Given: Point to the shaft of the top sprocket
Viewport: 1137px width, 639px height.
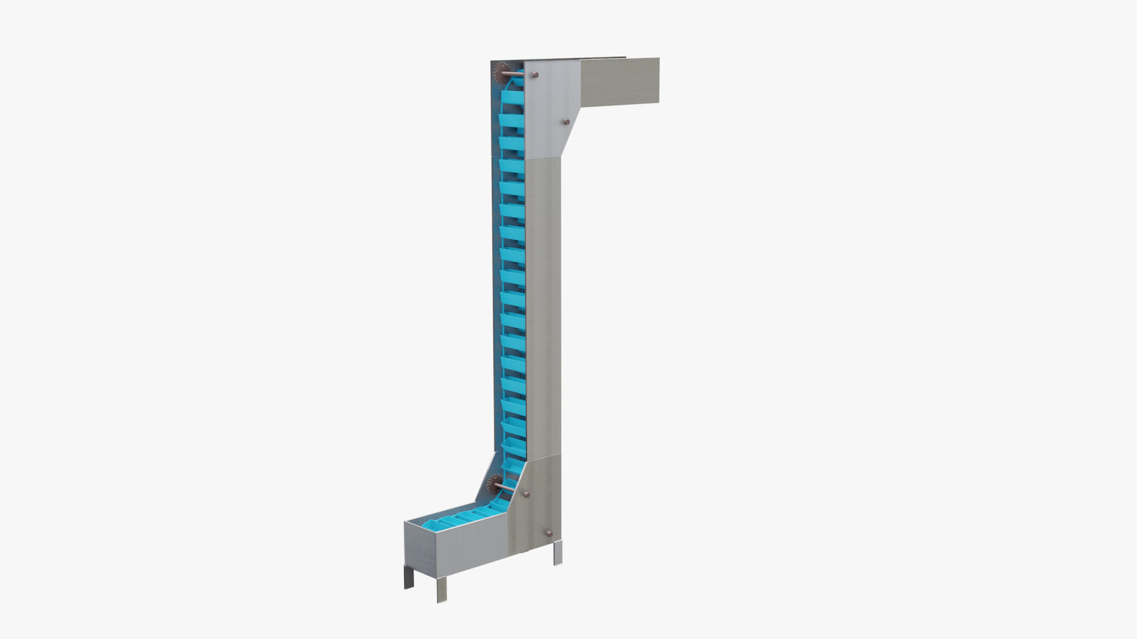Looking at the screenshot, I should coord(516,75).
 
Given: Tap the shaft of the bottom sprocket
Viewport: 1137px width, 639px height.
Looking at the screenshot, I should coord(508,489).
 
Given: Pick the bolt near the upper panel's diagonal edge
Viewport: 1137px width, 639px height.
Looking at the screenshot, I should coord(566,122).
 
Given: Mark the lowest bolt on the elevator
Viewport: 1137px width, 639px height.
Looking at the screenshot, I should coord(549,534).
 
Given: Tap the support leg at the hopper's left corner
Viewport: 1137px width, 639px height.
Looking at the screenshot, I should coord(409,579).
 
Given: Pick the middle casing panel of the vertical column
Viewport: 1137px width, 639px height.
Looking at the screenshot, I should coord(542,308).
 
